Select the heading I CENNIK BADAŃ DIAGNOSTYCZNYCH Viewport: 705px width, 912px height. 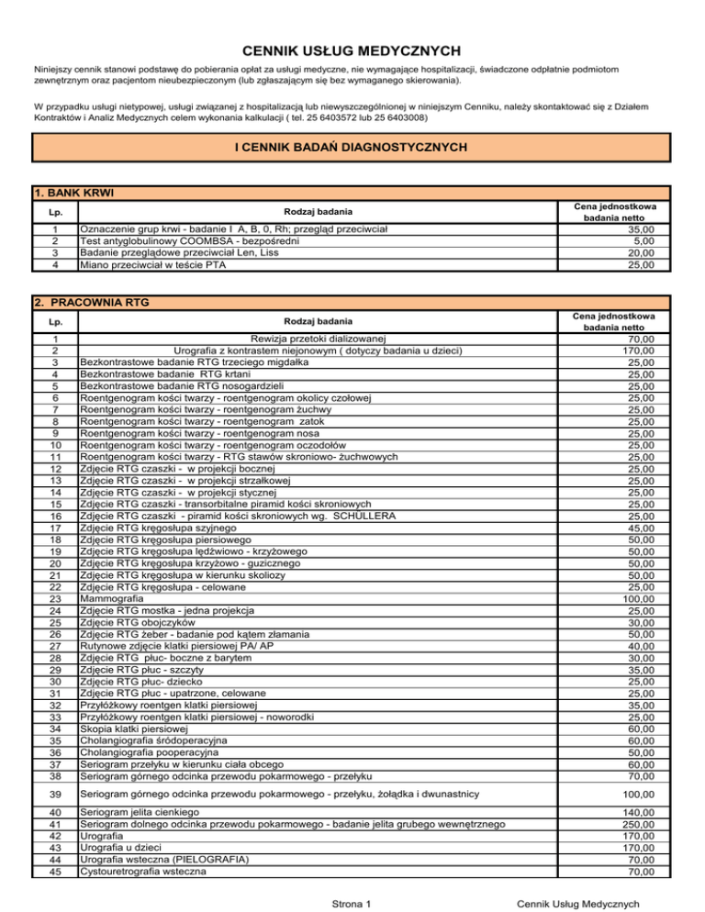(x=352, y=147)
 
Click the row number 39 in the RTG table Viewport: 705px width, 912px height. (x=56, y=794)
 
